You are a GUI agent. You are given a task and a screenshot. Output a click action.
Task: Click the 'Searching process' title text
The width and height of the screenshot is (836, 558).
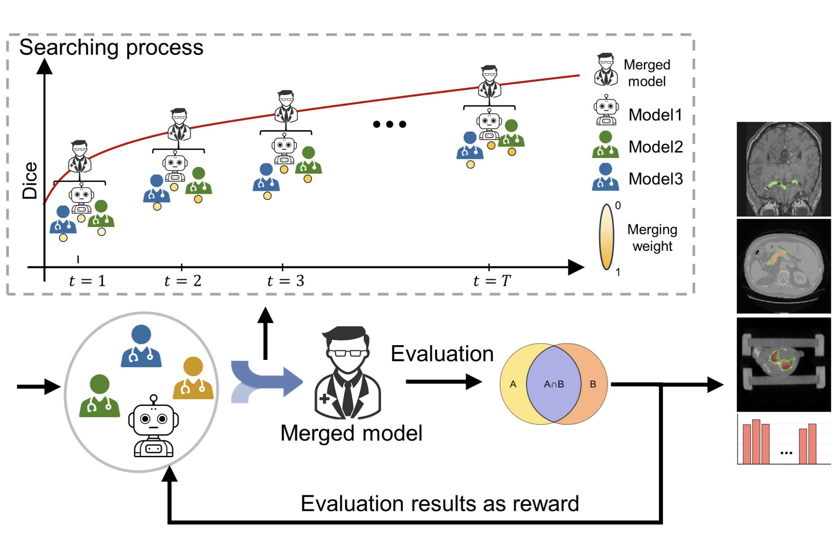coord(111,47)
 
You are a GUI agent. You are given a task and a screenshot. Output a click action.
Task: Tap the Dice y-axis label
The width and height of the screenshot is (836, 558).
coord(30,180)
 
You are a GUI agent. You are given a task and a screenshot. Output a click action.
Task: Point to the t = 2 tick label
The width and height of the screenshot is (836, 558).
coord(183,281)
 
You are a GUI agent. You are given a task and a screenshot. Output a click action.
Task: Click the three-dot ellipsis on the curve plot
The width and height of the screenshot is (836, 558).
coord(389,124)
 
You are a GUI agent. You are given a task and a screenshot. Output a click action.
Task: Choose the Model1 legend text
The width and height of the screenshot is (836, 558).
coord(655,115)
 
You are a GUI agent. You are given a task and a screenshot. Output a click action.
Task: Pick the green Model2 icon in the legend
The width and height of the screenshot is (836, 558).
coord(605,145)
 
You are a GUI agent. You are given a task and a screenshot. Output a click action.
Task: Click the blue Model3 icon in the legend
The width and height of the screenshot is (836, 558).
coord(605,177)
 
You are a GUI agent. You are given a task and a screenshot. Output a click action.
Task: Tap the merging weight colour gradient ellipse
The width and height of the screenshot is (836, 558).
coord(607,237)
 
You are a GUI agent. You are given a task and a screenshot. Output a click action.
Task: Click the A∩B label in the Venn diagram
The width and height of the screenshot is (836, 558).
coord(554,384)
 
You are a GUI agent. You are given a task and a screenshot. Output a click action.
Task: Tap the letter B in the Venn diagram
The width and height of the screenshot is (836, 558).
coord(593,384)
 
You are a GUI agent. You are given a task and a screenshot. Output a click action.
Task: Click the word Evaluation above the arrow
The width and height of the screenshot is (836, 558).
coord(442,354)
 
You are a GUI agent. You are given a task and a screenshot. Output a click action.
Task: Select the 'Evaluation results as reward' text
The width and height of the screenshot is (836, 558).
coord(440,503)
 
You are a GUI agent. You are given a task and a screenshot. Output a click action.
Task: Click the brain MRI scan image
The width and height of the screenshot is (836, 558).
coord(784,169)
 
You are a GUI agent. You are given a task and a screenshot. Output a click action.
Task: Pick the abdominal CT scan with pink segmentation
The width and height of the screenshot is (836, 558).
coord(784,266)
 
